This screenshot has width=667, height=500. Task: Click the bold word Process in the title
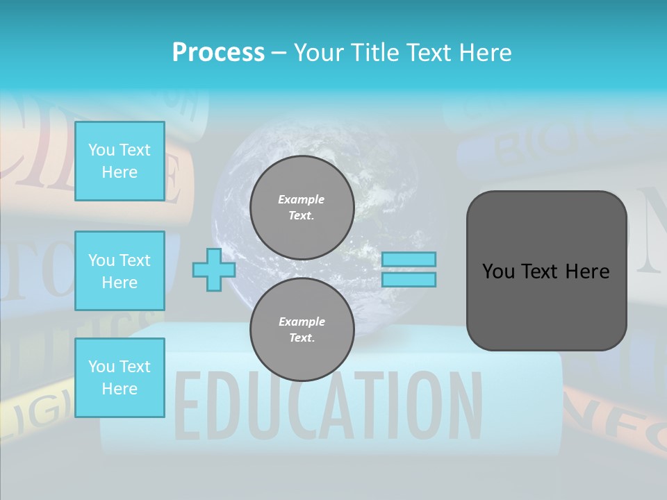click(218, 53)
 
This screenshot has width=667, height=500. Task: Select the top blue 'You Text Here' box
click(120, 161)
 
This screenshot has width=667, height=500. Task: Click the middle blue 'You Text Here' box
click(120, 271)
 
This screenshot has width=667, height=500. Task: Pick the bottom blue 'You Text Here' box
click(120, 378)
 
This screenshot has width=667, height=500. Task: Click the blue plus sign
click(213, 270)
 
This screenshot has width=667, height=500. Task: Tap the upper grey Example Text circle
click(302, 208)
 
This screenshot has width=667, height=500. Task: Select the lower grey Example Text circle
click(302, 330)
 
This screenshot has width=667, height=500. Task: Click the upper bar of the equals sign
click(409, 260)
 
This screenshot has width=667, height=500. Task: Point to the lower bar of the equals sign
click(409, 280)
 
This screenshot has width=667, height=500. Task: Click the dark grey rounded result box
click(546, 271)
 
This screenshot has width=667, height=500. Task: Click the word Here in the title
click(486, 53)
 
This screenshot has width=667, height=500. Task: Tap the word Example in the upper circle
click(302, 199)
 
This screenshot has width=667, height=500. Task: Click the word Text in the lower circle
click(302, 338)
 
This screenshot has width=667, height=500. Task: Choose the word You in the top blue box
click(101, 150)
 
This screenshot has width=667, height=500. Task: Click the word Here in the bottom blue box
click(120, 389)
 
